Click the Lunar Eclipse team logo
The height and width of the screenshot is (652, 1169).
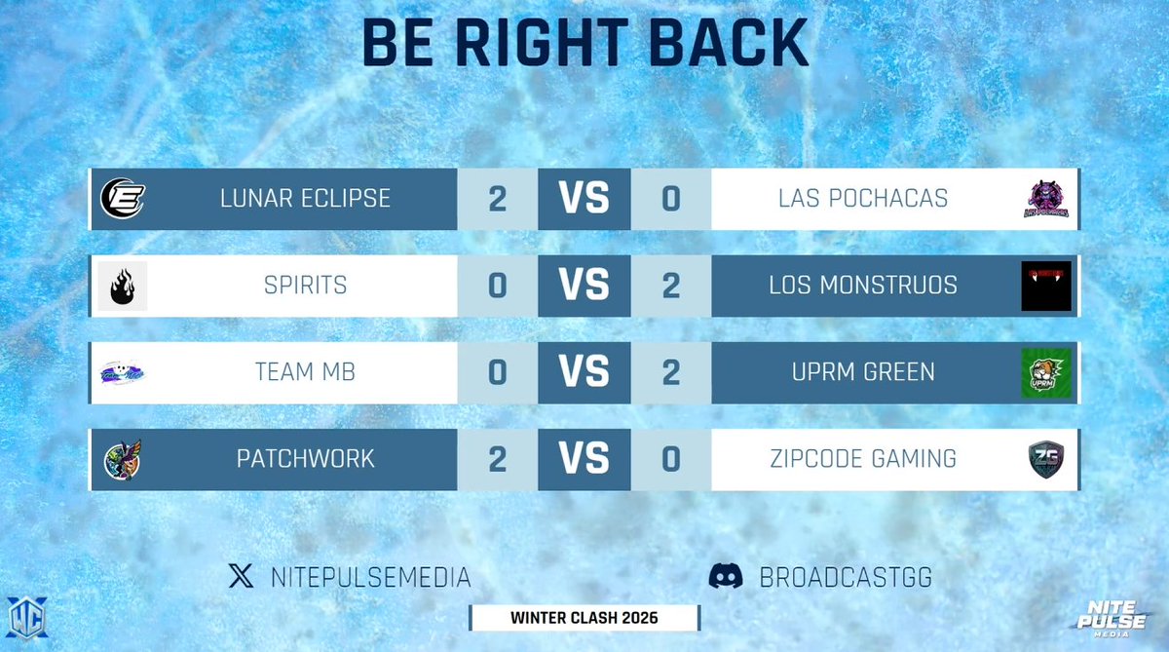click(x=124, y=200)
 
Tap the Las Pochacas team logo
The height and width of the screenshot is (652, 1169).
click(x=1046, y=200)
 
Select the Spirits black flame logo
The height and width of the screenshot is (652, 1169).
click(x=123, y=287)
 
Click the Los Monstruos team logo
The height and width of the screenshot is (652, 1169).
click(x=1046, y=287)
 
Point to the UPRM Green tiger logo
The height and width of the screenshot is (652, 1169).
click(x=1046, y=372)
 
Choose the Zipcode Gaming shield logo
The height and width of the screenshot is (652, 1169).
click(x=1046, y=459)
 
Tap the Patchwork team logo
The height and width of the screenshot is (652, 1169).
click(x=124, y=459)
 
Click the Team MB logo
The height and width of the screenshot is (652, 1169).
click(x=124, y=372)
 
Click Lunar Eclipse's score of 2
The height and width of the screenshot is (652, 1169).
click(x=498, y=200)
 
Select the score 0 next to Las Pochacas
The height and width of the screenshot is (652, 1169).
click(x=670, y=200)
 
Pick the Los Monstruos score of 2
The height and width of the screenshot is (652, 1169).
click(x=670, y=287)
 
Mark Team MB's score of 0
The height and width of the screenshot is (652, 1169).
click(x=498, y=372)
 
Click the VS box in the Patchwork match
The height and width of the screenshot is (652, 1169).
click(x=584, y=459)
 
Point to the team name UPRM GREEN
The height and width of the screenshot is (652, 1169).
click(x=864, y=372)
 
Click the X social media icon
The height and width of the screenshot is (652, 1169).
click(x=241, y=577)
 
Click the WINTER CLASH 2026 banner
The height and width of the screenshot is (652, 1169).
click(x=584, y=618)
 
